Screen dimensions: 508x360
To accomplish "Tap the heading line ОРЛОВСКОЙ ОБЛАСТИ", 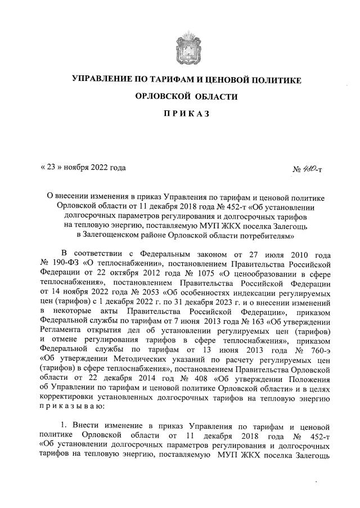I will tap(186, 97).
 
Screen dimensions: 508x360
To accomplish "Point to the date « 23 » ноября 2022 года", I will tap(83, 167).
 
